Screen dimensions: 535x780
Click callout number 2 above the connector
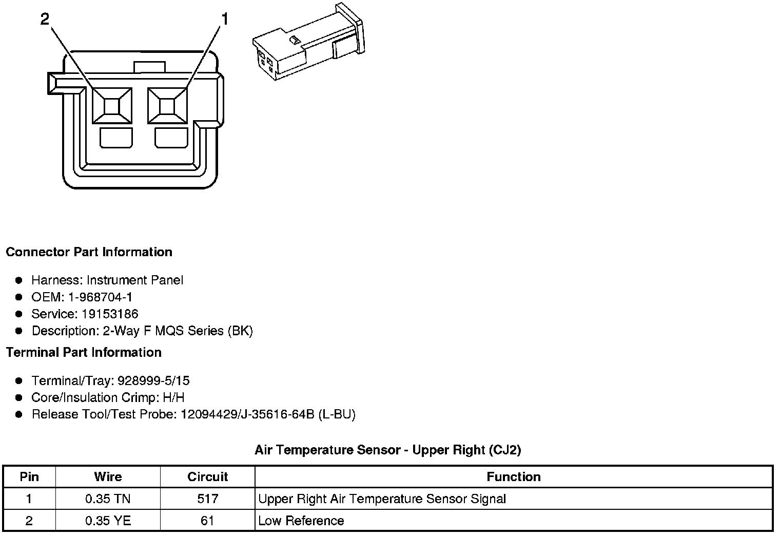tap(45, 20)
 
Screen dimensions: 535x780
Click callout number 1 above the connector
tap(224, 20)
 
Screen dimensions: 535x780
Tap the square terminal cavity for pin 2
tap(112, 106)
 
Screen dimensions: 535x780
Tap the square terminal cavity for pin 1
tap(167, 106)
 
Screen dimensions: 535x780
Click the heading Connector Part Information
tap(89, 252)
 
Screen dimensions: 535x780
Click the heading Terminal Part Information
tap(84, 352)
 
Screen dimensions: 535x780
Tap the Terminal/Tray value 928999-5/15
tap(153, 381)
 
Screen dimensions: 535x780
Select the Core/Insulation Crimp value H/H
tap(173, 398)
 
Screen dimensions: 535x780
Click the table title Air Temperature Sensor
tap(387, 450)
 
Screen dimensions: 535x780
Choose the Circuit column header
tap(207, 477)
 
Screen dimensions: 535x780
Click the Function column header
tap(513, 477)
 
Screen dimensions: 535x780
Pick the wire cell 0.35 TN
tap(108, 499)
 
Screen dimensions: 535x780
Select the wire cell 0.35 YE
tap(108, 521)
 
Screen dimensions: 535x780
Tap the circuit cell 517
tap(207, 499)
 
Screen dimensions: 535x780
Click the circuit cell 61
tap(207, 521)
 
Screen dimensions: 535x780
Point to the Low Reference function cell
tap(301, 521)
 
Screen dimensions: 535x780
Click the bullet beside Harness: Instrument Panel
tap(19, 280)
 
